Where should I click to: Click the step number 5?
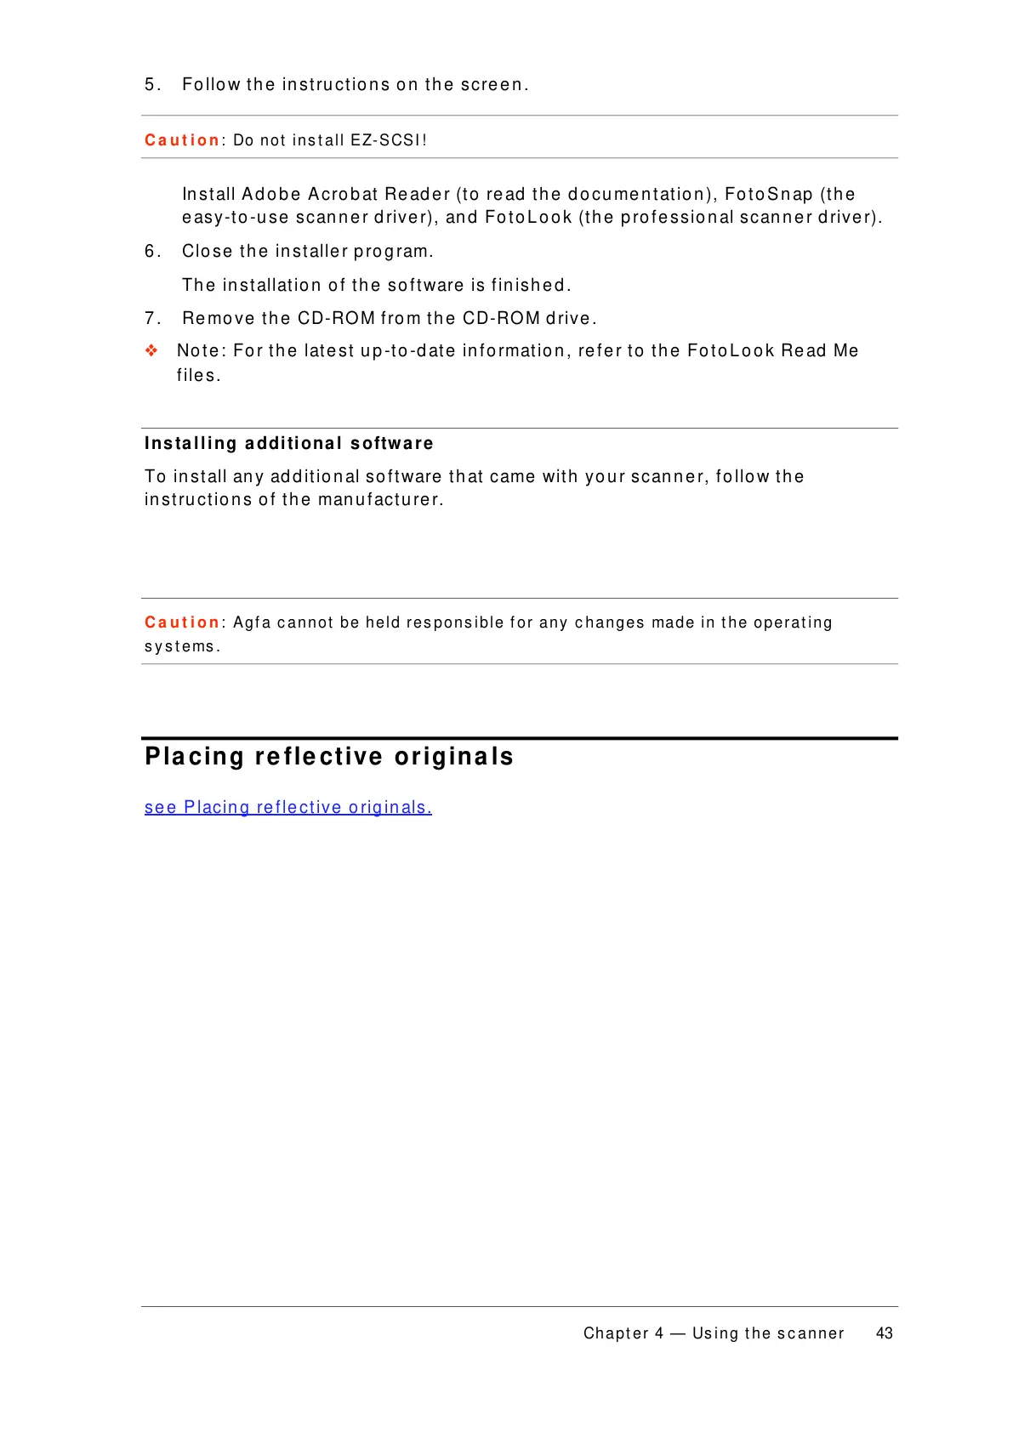pyautogui.click(x=150, y=84)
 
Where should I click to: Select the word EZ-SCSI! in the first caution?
pyautogui.click(x=388, y=140)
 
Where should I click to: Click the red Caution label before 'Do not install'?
pyautogui.click(x=182, y=140)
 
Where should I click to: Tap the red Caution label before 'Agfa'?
pyautogui.click(x=182, y=622)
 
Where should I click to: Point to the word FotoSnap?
pyautogui.click(x=768, y=195)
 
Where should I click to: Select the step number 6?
pyautogui.click(x=151, y=252)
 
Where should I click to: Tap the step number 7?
pyautogui.click(x=151, y=319)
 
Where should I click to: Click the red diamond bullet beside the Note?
pyautogui.click(x=151, y=350)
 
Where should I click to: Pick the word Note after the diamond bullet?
pyautogui.click(x=200, y=351)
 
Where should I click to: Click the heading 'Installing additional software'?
pyautogui.click(x=288, y=443)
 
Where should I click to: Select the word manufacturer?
pyautogui.click(x=379, y=500)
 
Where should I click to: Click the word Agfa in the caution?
pyautogui.click(x=252, y=623)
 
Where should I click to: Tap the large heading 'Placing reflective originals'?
pyautogui.click(x=329, y=756)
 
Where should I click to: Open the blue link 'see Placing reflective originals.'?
pyautogui.click(x=287, y=807)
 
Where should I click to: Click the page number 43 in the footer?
pyautogui.click(x=884, y=1333)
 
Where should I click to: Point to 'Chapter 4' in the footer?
pyautogui.click(x=623, y=1333)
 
